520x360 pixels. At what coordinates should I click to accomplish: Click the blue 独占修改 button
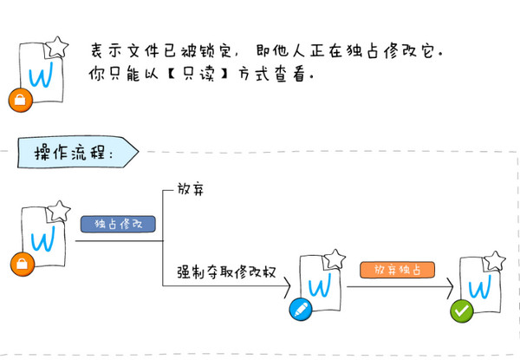[118, 224]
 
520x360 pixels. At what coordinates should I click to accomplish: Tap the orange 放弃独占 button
[397, 270]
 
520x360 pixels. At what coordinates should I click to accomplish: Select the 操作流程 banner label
[78, 152]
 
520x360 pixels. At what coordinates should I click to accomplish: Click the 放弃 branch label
[191, 189]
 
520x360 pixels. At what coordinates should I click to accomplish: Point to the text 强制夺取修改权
[226, 272]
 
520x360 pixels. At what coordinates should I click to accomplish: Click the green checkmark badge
[462, 311]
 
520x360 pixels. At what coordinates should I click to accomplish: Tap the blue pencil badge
[301, 309]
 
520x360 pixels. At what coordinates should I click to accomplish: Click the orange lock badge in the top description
[21, 101]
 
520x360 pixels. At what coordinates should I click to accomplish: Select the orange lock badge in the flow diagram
[23, 264]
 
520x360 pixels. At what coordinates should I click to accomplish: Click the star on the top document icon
[56, 47]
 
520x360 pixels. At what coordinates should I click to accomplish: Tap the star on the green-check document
[494, 261]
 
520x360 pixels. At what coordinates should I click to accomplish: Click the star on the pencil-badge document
[335, 259]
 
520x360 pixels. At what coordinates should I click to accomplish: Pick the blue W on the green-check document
[480, 286]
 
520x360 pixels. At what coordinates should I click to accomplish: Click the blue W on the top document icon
[41, 75]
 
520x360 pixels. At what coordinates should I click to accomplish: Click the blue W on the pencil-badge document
[320, 285]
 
